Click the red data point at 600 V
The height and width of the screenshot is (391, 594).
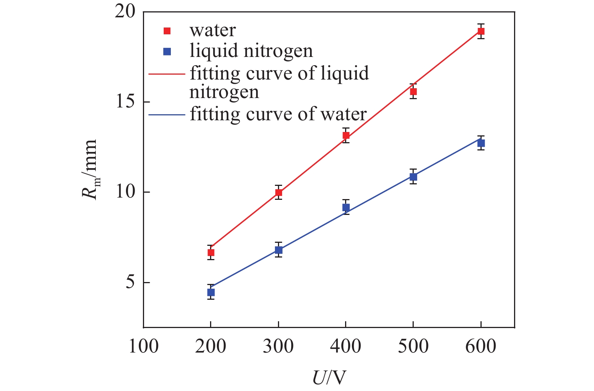pos(481,31)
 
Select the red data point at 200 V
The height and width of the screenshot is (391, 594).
pos(211,252)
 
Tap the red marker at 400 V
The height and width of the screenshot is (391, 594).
pos(346,136)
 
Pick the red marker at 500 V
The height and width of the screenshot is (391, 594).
pos(413,91)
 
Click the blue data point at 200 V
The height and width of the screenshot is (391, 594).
pos(211,292)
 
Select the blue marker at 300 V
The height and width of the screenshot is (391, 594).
pos(278,250)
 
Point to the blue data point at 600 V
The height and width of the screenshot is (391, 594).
pos(481,143)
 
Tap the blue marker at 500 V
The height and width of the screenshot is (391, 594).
pos(413,177)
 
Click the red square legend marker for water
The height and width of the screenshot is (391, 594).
pos(167,31)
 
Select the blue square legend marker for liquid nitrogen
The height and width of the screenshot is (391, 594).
pos(167,52)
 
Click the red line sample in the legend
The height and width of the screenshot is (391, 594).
pos(167,74)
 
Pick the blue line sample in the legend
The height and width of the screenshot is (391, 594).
pos(167,114)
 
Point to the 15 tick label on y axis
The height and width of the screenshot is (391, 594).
pos(125,102)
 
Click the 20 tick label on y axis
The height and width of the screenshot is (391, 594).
pos(125,12)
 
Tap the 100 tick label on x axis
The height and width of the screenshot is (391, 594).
pos(143,346)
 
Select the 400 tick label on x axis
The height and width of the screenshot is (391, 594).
pos(345,346)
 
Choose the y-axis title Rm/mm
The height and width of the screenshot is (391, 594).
pos(90,170)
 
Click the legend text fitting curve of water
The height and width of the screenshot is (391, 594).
pos(278,114)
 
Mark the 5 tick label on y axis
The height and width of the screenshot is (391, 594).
pos(130,282)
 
